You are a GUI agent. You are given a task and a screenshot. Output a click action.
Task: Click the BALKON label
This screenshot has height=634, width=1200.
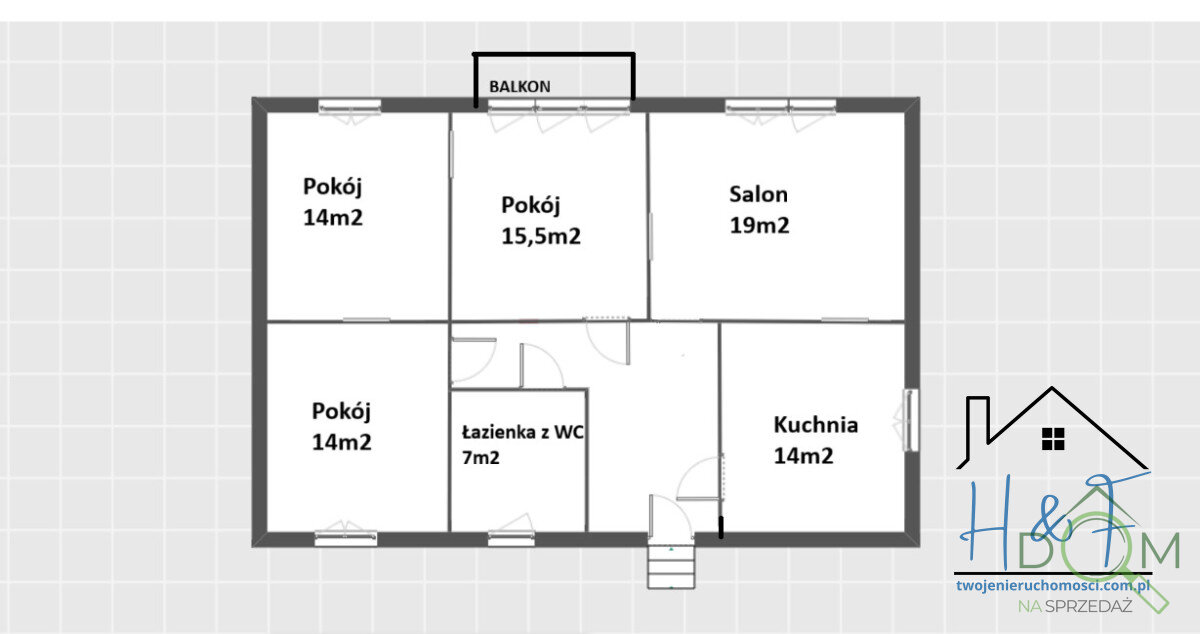pos(519,86)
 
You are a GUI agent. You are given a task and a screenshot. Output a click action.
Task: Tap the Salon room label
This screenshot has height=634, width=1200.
pos(758,194)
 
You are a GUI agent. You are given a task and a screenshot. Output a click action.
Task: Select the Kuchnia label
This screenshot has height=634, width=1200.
pos(815,424)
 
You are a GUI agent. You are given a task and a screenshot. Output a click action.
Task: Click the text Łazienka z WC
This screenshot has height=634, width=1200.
pos(523,433)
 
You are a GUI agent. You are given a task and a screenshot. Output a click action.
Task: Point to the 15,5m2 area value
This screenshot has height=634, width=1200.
pos(541,237)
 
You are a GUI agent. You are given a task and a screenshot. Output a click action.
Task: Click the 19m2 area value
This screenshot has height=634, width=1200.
pos(759,226)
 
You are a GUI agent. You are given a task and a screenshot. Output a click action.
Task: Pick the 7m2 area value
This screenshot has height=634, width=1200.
pos(480,458)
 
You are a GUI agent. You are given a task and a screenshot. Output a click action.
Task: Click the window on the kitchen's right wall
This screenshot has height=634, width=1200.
pos(911,420)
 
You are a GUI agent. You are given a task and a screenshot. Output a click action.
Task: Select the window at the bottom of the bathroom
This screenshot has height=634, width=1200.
pos(510,537)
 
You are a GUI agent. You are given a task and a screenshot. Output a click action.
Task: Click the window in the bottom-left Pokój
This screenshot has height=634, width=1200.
pos(345,537)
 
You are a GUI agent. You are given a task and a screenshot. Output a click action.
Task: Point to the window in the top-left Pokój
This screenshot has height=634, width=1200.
pos(350,106)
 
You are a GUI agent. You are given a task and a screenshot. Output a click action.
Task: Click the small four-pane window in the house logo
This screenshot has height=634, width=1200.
pos(1052,438)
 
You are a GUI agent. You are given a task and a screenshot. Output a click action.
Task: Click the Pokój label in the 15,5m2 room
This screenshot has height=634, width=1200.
pos(530,206)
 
